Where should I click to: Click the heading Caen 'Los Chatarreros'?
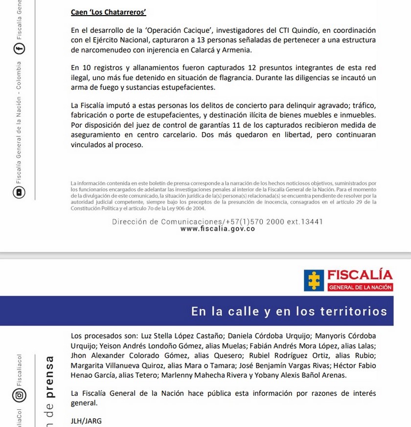pos(108,12)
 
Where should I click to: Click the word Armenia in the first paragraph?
pos(237,50)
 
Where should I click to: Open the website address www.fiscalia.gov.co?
pos(217,229)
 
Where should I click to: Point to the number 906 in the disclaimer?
pos(181,208)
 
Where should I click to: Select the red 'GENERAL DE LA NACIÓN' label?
pos(360,288)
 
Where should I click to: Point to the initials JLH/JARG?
pos(87,421)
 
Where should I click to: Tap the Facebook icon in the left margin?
pos(20,49)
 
